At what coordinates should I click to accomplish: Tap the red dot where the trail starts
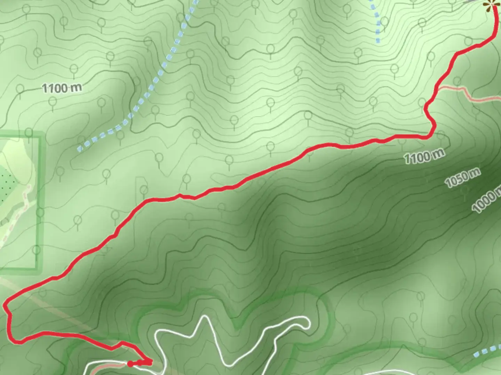point(130,364)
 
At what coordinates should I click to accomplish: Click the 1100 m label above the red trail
point(62,88)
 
